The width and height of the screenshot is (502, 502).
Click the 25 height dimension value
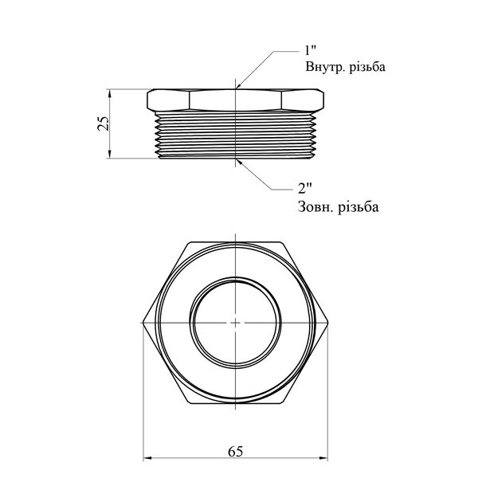104,123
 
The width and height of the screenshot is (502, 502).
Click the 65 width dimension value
236,452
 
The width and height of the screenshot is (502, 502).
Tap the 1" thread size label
310,50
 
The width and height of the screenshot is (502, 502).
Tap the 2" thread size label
304,189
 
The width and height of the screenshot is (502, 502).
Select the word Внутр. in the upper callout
324,67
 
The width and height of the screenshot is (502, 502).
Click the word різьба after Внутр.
367,67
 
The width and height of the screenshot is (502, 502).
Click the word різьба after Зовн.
360,206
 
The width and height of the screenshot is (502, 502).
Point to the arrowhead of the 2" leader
239,161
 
